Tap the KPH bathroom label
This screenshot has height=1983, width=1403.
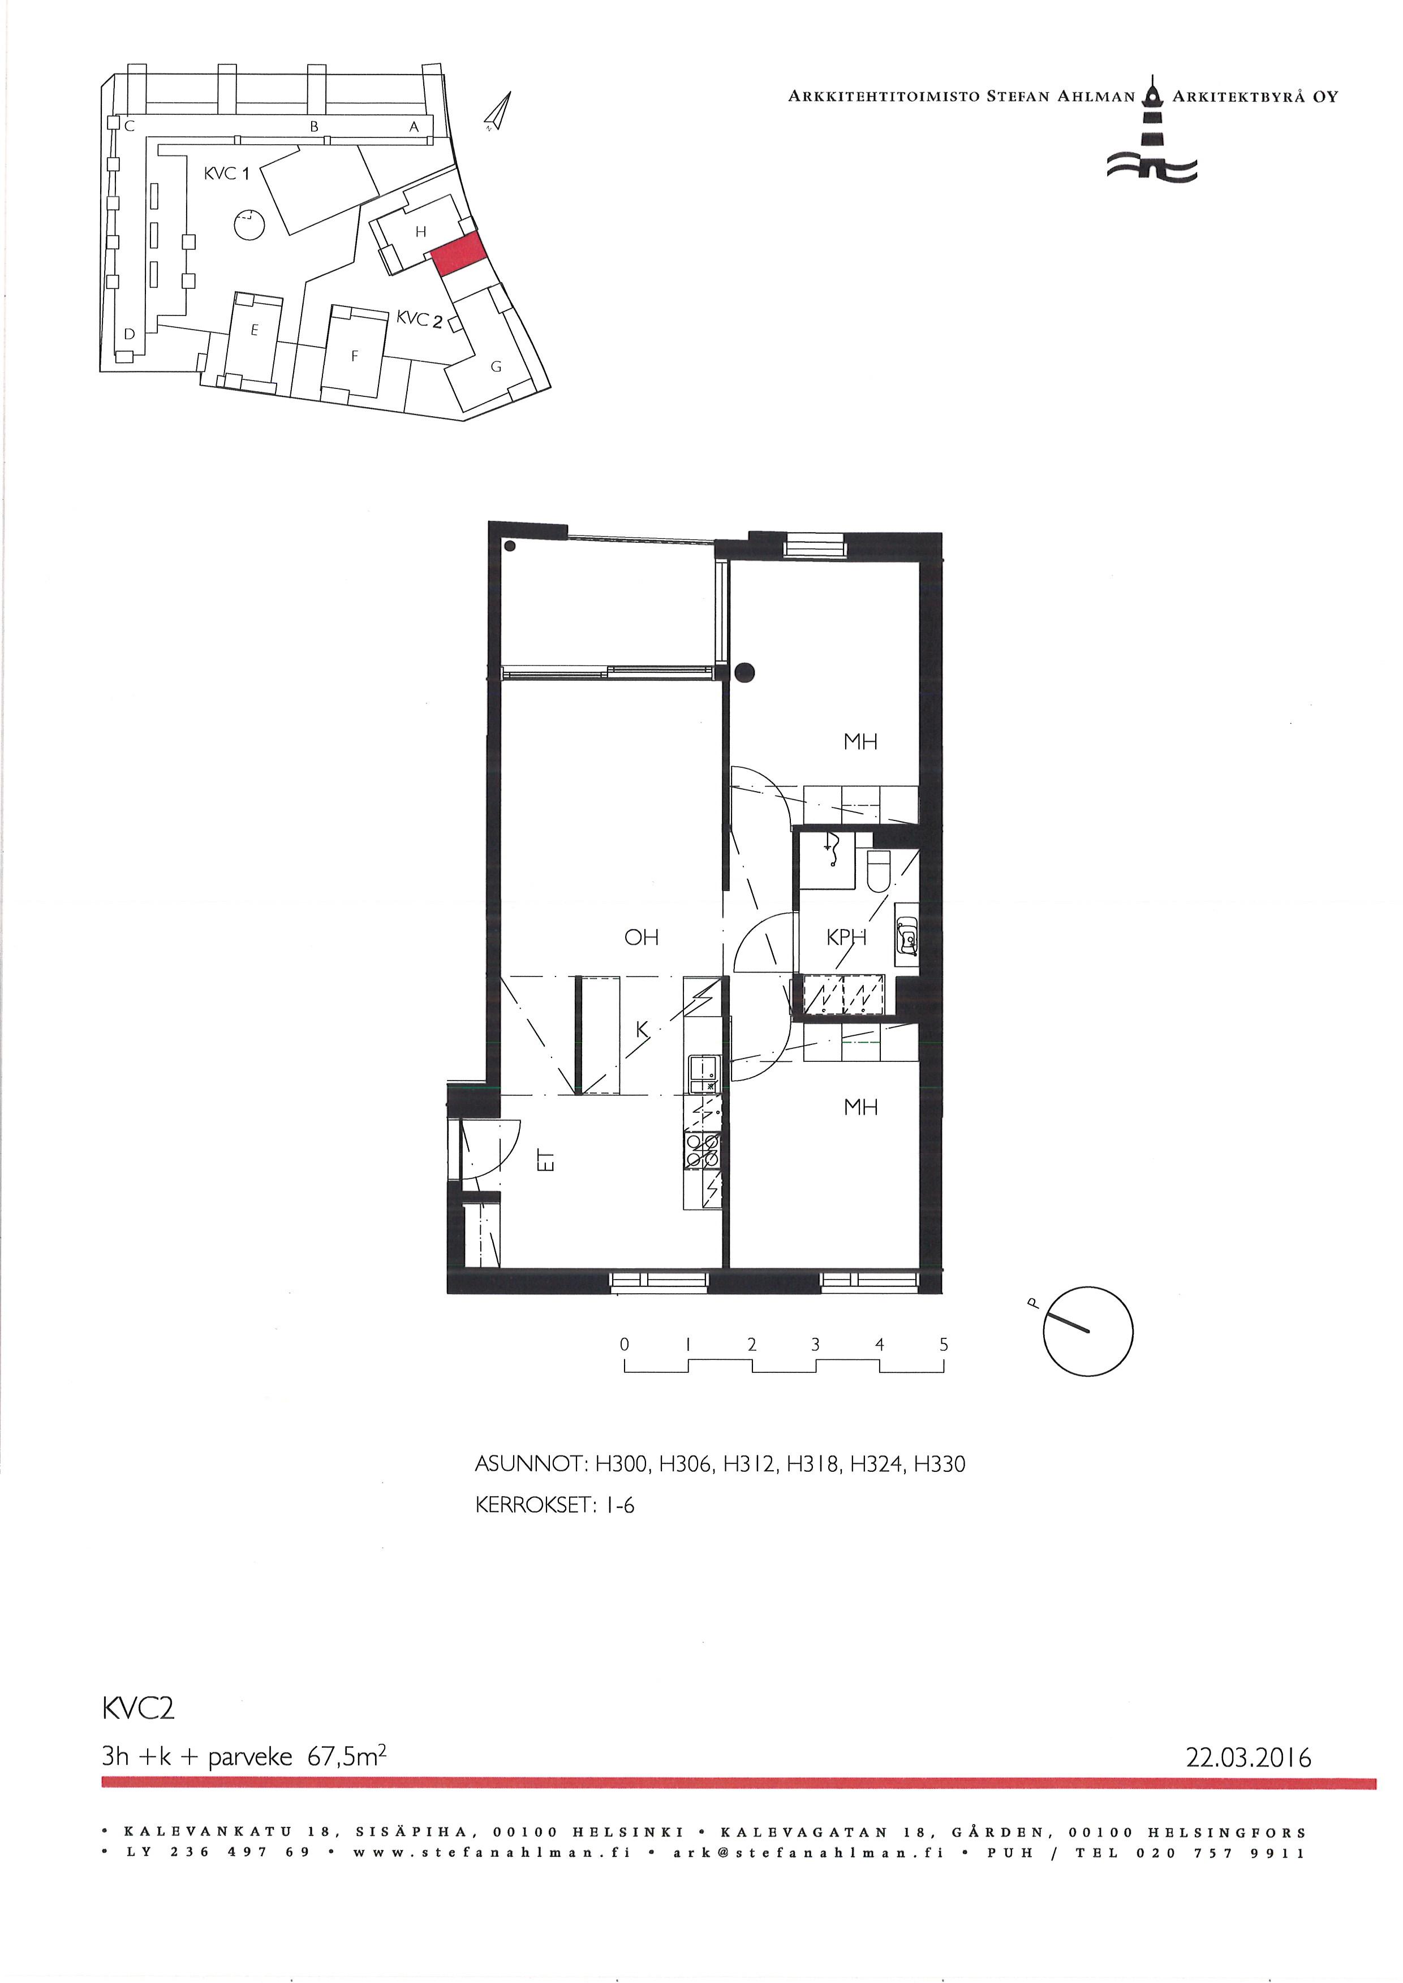coord(846,937)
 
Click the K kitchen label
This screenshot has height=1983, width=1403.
coord(642,1029)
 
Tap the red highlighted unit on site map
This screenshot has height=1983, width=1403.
coord(458,254)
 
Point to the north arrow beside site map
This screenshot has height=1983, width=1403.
coord(498,113)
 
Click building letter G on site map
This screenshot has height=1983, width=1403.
coord(496,366)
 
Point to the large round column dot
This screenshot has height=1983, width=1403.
coord(744,671)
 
